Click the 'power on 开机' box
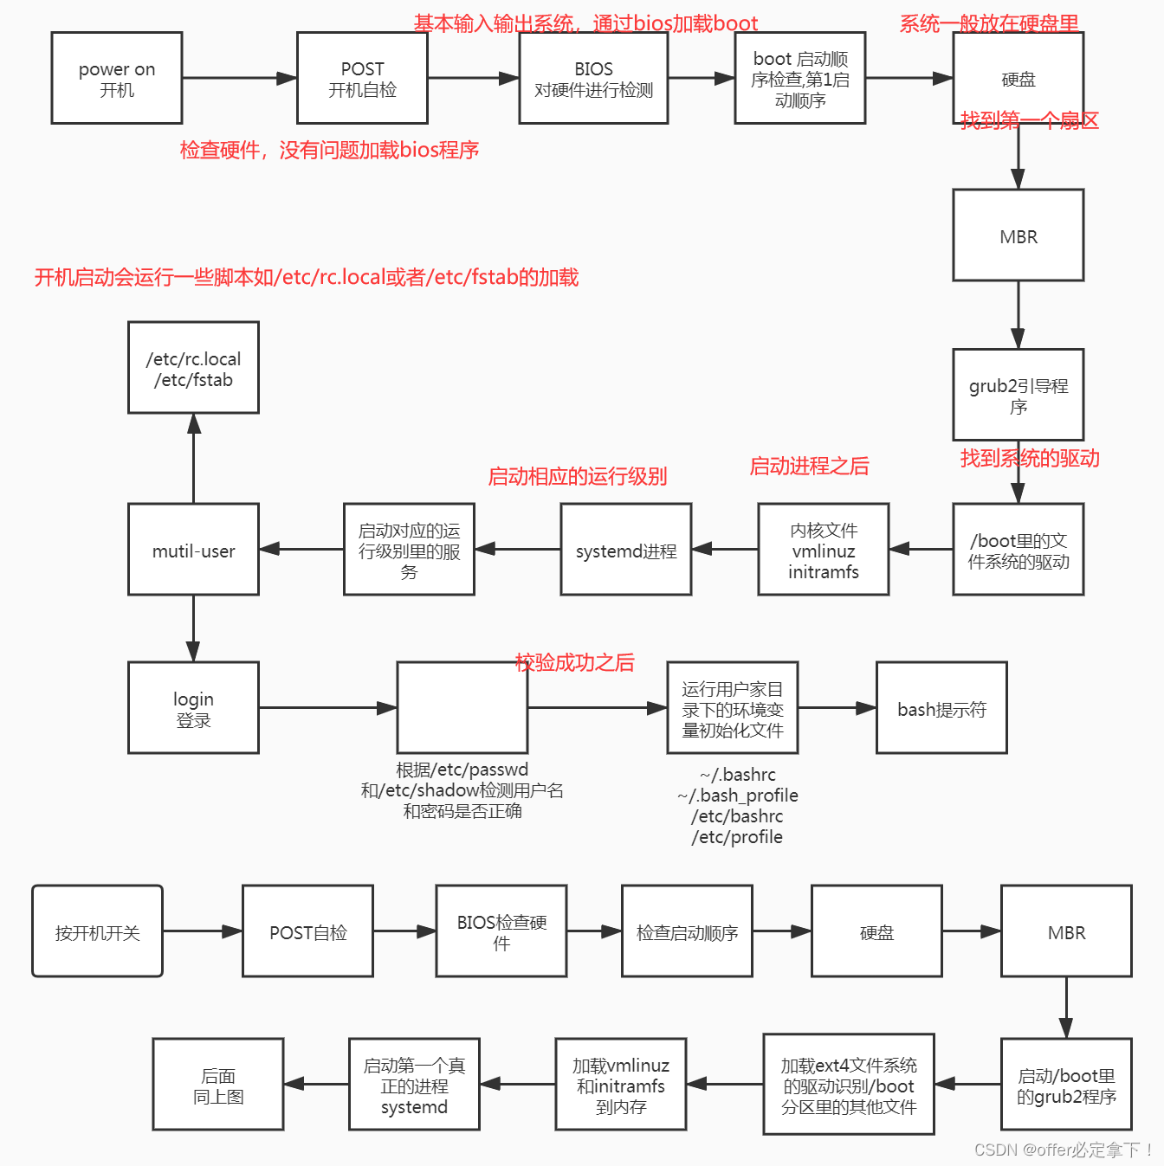117,78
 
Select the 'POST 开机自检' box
362,78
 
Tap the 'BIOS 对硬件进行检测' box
593,78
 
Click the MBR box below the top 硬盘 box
1018,235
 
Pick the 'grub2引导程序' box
1018,395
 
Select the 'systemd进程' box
625,550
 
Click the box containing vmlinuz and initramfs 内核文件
823,550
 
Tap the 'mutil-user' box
193,550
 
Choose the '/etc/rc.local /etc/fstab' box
193,368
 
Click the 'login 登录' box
193,708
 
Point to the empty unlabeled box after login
462,708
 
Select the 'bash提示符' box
941,708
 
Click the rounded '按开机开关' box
97,931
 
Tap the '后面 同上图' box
218,1085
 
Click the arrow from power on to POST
239,78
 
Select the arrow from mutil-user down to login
193,628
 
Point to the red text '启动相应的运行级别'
577,476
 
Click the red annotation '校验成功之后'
575,663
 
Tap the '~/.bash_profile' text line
738,796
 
